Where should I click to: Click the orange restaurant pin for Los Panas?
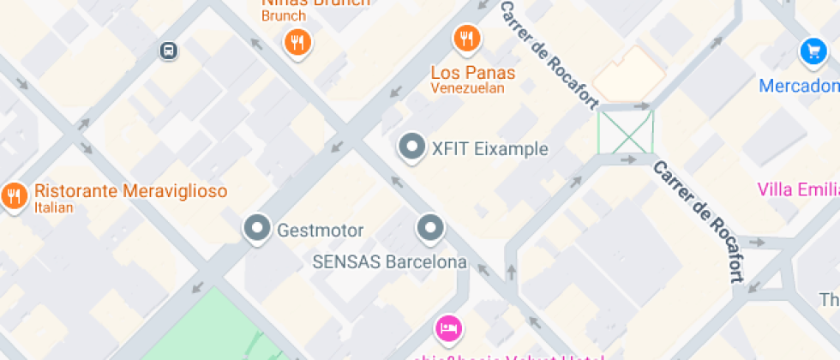point(466,38)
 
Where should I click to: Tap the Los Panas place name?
point(473,71)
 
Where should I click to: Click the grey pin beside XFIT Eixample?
point(412,147)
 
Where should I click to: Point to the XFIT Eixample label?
point(489,149)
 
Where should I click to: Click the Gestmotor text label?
point(321,231)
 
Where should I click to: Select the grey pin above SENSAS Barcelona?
point(429,228)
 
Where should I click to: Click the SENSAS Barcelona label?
point(390,262)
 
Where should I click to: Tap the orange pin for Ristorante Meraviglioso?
point(14,196)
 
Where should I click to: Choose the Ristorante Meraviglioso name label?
point(130,190)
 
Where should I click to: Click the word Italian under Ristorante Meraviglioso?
point(54,207)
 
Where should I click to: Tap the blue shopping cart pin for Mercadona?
point(813,51)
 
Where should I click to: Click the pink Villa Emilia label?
point(797,189)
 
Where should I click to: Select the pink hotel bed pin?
point(448,327)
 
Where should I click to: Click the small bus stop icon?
point(169,51)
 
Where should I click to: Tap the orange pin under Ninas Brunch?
point(297,42)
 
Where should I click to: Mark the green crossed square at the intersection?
point(626,132)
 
